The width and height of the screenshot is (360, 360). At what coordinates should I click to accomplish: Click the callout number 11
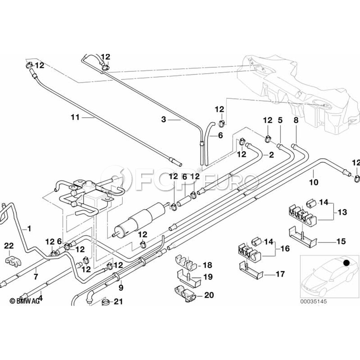tap(75, 117)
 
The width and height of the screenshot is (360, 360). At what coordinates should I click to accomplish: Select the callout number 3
tap(164, 119)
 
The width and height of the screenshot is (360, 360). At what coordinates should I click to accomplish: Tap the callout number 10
tap(314, 182)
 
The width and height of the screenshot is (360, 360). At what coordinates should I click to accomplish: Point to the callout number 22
tap(9, 246)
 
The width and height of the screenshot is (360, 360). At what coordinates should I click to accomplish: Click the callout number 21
tap(118, 302)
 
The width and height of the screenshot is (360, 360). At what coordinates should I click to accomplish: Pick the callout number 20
tap(209, 295)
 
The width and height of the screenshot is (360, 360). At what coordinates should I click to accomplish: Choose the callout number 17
tap(280, 274)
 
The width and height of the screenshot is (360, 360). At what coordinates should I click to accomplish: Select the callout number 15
tap(341, 241)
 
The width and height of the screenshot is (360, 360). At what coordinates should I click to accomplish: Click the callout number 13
tap(342, 212)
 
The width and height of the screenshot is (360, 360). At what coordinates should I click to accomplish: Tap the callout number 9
tap(121, 288)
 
